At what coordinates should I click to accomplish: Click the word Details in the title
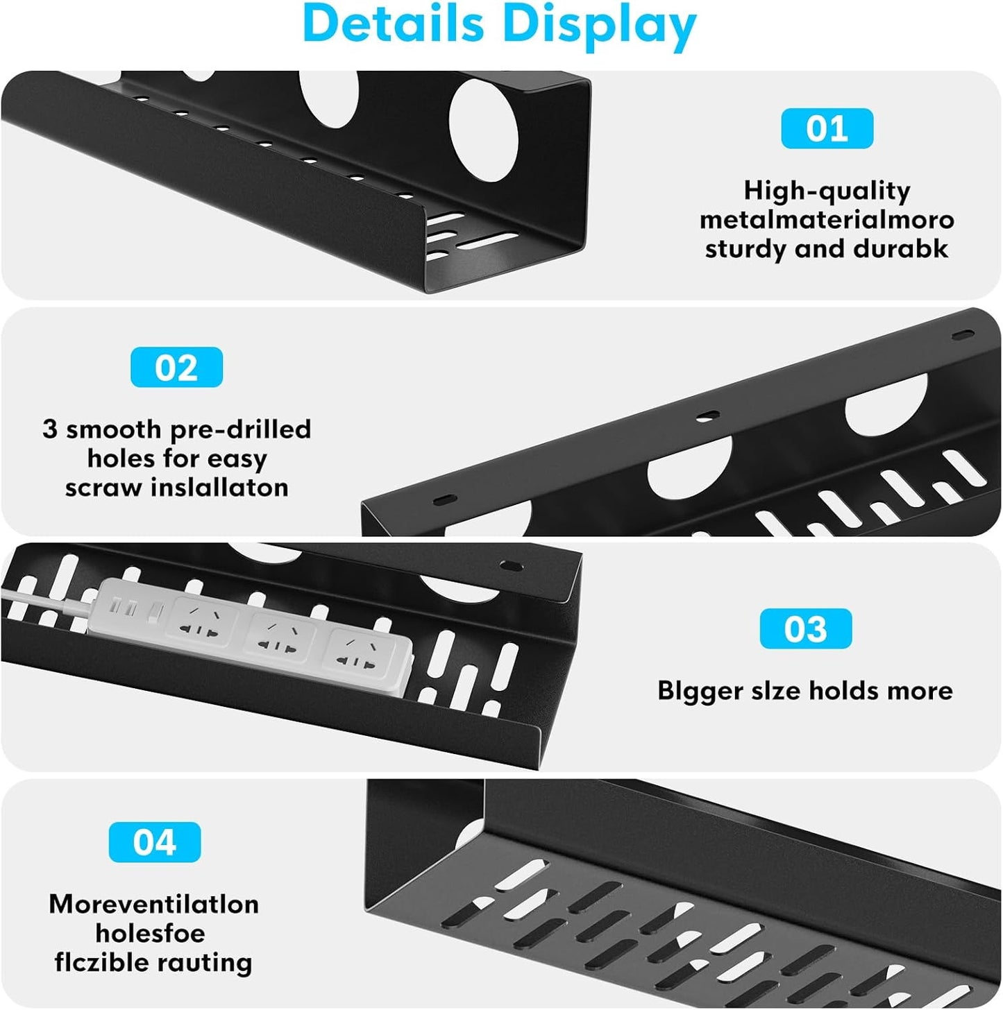(x=393, y=24)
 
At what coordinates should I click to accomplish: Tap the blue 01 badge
(x=827, y=129)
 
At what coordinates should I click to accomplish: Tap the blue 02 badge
(x=176, y=367)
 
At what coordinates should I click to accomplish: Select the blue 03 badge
(x=805, y=629)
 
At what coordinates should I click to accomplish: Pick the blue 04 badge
(x=155, y=842)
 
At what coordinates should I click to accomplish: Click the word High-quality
(x=827, y=191)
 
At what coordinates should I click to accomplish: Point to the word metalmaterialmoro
(x=827, y=220)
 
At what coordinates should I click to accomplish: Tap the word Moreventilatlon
(x=153, y=904)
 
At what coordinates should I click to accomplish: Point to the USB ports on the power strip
(x=125, y=608)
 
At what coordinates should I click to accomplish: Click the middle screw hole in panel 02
(x=707, y=416)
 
